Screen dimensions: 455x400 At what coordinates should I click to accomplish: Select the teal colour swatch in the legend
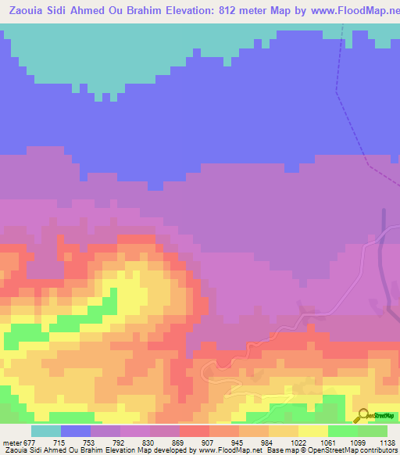[x=46, y=431]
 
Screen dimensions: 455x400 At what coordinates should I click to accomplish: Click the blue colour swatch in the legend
[x=76, y=431]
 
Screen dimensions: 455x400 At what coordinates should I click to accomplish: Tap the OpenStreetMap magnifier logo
[x=362, y=414]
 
